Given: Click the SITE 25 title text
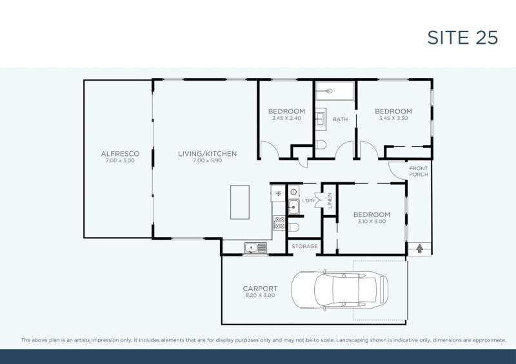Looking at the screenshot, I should coord(462,37).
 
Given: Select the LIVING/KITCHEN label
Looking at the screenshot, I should coord(208,154).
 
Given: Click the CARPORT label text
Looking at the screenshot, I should coord(260,289).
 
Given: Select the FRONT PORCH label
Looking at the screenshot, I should coord(419,172).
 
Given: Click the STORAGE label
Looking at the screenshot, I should coord(304,247).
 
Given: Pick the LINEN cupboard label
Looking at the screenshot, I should coord(330,201).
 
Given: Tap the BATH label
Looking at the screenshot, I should coord(340,120).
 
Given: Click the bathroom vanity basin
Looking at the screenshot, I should coord(321,119).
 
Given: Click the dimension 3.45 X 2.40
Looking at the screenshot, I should coord(286,119).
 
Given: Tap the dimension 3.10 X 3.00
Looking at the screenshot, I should coord(371,222).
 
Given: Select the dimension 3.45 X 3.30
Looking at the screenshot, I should coord(393,119).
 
